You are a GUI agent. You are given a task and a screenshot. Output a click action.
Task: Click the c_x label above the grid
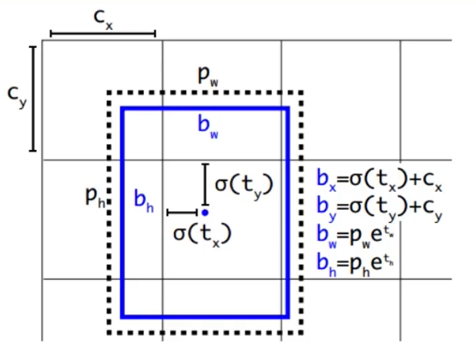tap(104, 17)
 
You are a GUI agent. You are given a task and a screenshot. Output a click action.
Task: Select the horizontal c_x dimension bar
tap(103, 33)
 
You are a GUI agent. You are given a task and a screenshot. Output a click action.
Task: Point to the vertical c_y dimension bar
tap(32, 98)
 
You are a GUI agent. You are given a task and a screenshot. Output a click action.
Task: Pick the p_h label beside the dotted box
tap(95, 196)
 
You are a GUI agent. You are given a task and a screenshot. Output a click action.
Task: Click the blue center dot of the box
tap(205, 213)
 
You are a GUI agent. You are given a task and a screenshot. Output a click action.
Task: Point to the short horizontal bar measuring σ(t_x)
tap(181, 213)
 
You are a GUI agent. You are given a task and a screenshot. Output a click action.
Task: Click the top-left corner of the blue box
tap(122, 108)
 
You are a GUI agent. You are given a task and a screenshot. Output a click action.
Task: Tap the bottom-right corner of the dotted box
tap(303, 332)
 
